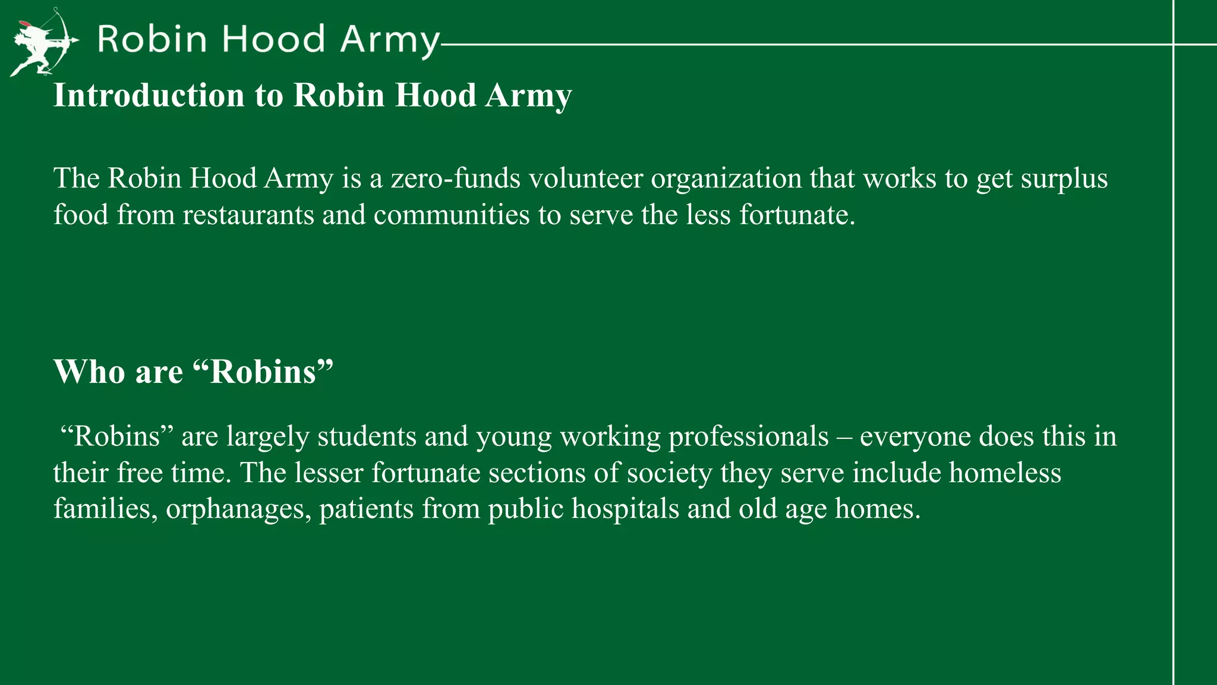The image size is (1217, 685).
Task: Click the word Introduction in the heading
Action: (x=149, y=95)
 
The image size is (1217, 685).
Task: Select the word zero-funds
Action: (x=455, y=178)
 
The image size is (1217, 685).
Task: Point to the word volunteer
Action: (x=585, y=178)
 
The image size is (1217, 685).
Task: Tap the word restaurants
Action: (x=248, y=215)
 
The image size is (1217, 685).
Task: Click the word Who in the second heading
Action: (x=89, y=372)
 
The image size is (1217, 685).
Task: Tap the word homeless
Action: (x=1004, y=473)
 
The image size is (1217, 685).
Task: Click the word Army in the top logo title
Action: (x=390, y=40)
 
